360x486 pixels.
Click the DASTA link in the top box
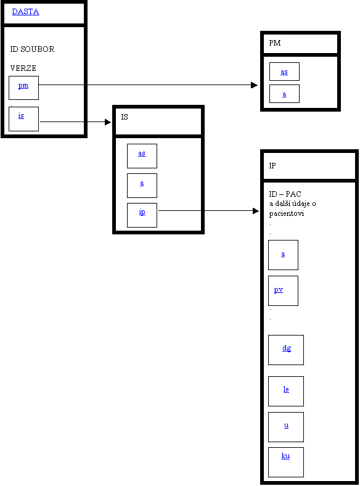point(25,12)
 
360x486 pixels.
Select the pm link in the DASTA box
point(23,86)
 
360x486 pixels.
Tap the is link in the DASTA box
point(21,115)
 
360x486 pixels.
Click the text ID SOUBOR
point(32,49)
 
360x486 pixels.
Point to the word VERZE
point(23,68)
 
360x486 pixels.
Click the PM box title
point(275,43)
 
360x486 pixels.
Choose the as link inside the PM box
point(284,72)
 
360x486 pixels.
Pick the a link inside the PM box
point(284,94)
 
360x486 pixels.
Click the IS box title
point(125,117)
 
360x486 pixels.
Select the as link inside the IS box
point(142,153)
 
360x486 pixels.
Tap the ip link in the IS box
point(142,212)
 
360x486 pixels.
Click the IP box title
point(272,165)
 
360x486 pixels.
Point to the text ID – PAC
point(285,194)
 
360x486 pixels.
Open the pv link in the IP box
point(279,290)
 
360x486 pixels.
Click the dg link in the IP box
point(287,348)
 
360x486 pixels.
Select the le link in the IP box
point(286,389)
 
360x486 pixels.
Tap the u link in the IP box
point(286,426)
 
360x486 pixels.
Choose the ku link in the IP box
point(285,456)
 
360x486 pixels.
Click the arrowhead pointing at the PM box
point(255,85)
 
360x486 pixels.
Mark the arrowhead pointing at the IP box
point(256,211)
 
